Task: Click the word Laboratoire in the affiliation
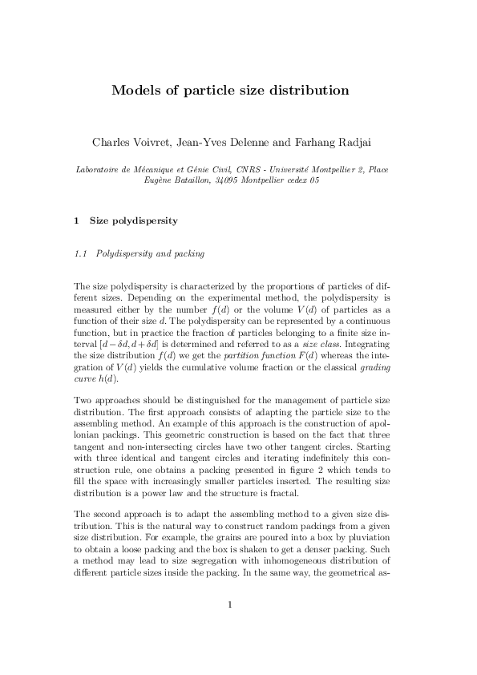pos(99,169)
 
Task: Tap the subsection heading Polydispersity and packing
pos(150,254)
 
